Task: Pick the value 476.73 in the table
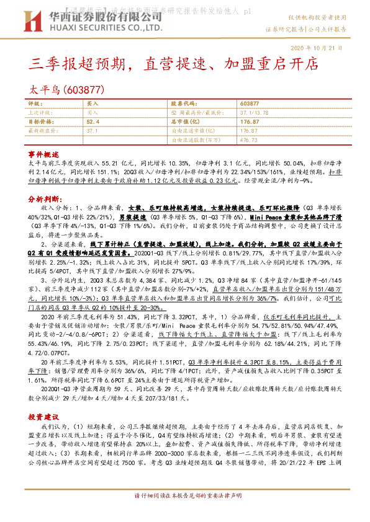coord(248,140)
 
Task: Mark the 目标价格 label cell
coord(40,122)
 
